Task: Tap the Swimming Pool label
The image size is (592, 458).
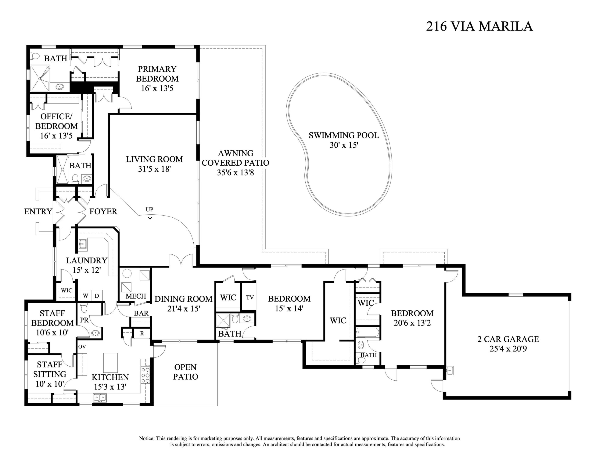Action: pyautogui.click(x=344, y=135)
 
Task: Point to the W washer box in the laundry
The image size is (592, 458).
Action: pyautogui.click(x=85, y=296)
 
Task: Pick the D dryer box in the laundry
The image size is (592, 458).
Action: pyautogui.click(x=97, y=296)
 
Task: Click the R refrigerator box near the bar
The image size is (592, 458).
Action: pyautogui.click(x=142, y=334)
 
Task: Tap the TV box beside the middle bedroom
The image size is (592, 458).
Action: pyautogui.click(x=250, y=297)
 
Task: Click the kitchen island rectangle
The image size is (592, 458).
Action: pyautogui.click(x=110, y=363)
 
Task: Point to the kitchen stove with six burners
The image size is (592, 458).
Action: pyautogui.click(x=145, y=375)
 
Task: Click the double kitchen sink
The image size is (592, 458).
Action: pyautogui.click(x=100, y=398)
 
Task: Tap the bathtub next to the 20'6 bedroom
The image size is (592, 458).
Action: pyautogui.click(x=367, y=332)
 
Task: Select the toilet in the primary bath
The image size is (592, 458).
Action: pyautogui.click(x=34, y=56)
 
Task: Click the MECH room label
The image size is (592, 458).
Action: pyautogui.click(x=136, y=296)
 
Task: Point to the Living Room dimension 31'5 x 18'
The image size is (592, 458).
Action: pyautogui.click(x=154, y=169)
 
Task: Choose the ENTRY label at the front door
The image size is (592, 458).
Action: pyautogui.click(x=38, y=211)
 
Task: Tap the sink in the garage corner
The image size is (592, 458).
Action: pyautogui.click(x=449, y=370)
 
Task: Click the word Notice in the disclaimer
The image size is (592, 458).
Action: pyautogui.click(x=147, y=438)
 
